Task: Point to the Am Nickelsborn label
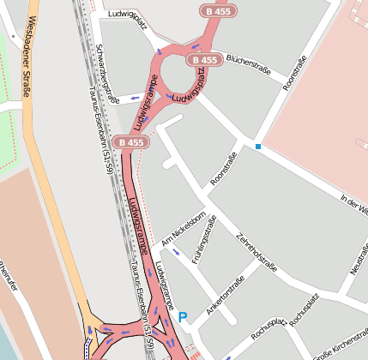(x=181, y=226)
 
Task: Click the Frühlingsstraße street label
(x=206, y=242)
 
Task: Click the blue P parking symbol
(x=183, y=318)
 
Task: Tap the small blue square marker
(x=257, y=147)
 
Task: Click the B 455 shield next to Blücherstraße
(x=204, y=60)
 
